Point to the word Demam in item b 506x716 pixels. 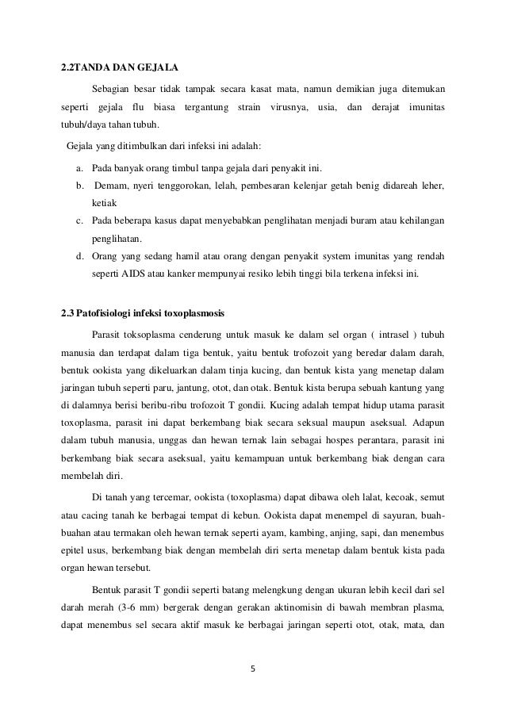pos(113,186)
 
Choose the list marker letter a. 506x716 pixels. pos(79,168)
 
